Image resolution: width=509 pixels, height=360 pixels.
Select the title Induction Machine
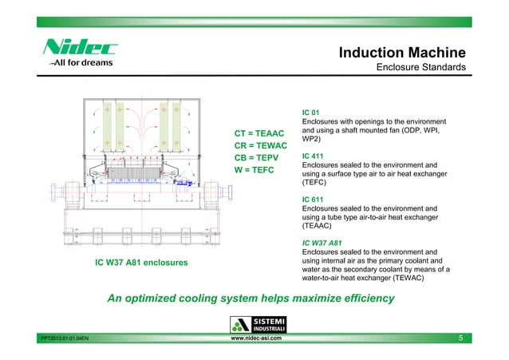coord(402,53)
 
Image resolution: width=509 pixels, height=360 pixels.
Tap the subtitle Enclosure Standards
coord(421,69)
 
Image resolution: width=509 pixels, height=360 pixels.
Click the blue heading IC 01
coord(310,113)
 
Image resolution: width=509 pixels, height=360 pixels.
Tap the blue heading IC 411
coord(313,156)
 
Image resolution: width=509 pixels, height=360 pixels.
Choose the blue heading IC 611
coord(313,200)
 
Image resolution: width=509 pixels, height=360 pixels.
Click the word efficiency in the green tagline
coord(360,299)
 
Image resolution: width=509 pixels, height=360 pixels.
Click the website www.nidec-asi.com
coord(254,338)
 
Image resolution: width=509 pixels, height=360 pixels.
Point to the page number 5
coord(460,339)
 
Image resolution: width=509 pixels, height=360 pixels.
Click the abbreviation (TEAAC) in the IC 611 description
coord(318,226)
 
